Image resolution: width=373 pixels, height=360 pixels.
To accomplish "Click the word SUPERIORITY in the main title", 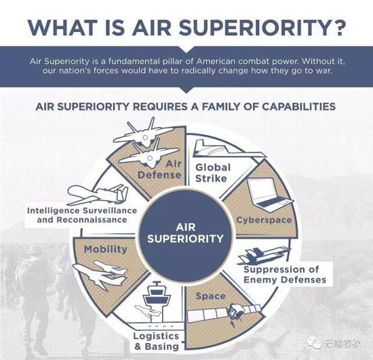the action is coord(252,27).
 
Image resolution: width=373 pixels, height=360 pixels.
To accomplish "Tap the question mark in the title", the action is coord(336,27).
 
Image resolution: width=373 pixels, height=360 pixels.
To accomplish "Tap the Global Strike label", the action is coord(213,173).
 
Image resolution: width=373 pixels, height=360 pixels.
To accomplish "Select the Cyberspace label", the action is coord(264,220).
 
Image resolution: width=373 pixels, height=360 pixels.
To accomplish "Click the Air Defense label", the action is coord(160,169).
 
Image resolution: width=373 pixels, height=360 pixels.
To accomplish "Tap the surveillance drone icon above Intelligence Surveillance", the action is coord(98,195).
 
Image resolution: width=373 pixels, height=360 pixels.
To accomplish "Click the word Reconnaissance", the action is coord(92,220).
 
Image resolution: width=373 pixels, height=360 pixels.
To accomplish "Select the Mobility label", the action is coord(105,249).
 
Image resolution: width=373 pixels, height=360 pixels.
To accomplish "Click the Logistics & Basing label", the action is coord(156,341).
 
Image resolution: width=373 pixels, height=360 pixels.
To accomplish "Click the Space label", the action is coord(210,296).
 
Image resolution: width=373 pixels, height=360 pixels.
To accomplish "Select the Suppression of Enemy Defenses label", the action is coord(285,275).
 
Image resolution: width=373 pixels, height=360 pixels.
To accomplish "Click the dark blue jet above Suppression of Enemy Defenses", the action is coord(264,256).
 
